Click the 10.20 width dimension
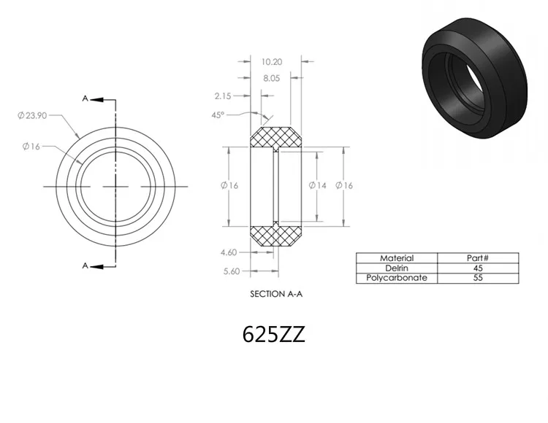(272, 62)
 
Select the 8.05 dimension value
(272, 79)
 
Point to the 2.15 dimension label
(223, 96)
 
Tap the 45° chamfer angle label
(218, 115)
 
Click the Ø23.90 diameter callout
(32, 115)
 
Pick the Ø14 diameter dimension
(317, 185)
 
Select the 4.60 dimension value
(229, 252)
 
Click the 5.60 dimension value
(232, 271)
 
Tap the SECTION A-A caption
(276, 295)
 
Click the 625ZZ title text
(274, 334)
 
